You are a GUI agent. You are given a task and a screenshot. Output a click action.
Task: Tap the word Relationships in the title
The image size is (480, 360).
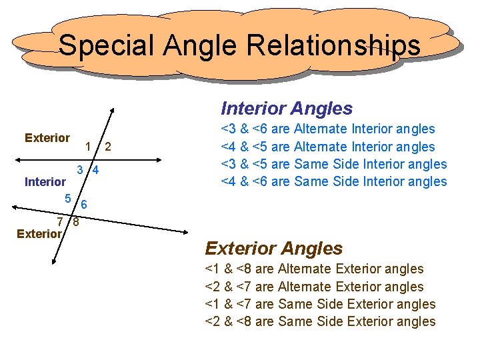(x=333, y=45)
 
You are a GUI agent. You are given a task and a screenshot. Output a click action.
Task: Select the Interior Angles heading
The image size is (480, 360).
(x=287, y=108)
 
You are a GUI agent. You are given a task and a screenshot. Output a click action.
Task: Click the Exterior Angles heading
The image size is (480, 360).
(x=273, y=248)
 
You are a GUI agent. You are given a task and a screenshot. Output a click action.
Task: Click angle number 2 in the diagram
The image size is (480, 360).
(x=108, y=147)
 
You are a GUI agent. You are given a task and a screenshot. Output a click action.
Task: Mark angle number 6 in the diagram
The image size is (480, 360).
(x=85, y=204)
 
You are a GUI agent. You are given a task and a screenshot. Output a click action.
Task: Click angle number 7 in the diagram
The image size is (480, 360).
(x=60, y=221)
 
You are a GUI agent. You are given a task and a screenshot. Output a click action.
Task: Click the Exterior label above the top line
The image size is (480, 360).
(x=47, y=138)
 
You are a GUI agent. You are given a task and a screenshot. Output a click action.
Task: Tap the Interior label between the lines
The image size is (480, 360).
(x=45, y=181)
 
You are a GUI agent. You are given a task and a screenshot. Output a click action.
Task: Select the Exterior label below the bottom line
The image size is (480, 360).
(x=39, y=233)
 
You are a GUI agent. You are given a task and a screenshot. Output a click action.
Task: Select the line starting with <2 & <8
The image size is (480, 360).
(x=319, y=321)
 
